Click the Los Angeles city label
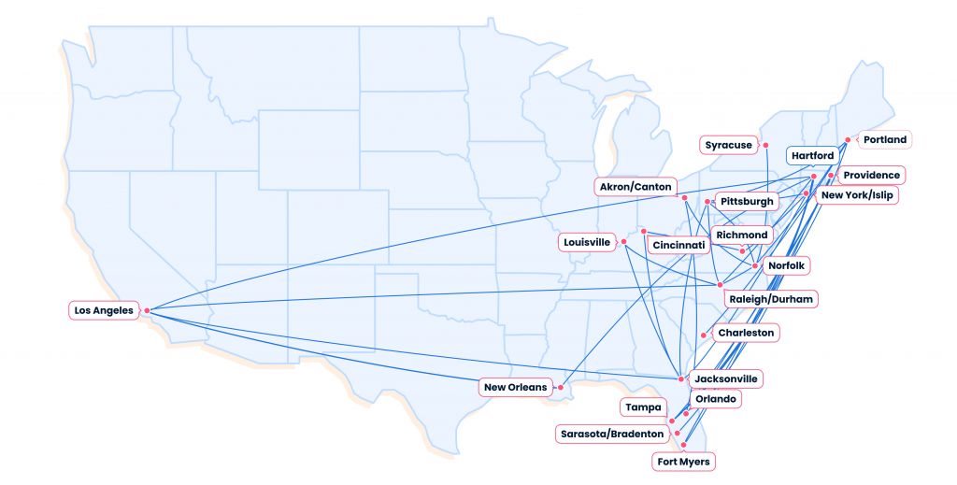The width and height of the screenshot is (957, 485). [104, 309]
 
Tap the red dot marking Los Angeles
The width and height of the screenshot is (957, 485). [147, 310]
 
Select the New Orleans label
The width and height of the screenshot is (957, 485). [515, 387]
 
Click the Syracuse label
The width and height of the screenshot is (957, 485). [728, 145]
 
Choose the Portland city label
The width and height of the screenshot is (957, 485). [884, 139]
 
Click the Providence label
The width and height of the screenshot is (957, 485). [871, 175]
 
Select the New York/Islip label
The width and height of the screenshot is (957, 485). [856, 196]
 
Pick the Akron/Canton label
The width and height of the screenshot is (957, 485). [636, 187]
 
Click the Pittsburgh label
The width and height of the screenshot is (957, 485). [747, 201]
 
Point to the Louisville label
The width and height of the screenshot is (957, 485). [587, 242]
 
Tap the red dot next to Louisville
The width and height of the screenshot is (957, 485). [623, 243]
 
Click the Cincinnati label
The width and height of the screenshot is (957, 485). [678, 245]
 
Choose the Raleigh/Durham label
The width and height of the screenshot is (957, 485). [772, 299]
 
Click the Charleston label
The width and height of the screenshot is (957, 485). [745, 333]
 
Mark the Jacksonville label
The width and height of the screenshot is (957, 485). [726, 378]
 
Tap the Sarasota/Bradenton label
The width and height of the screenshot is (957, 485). [611, 434]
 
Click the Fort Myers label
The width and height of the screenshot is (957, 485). [683, 462]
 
